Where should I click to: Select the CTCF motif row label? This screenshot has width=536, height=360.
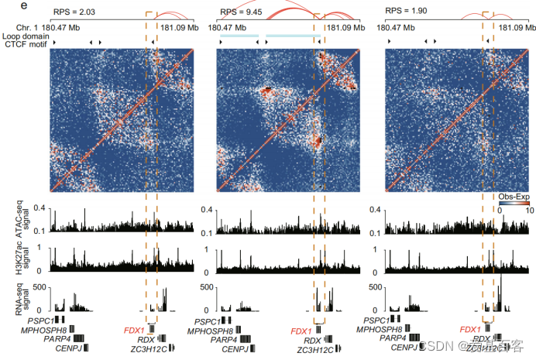point(24,44)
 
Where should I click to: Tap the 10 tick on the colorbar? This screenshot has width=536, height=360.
point(530,209)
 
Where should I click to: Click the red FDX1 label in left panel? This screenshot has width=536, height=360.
point(134,331)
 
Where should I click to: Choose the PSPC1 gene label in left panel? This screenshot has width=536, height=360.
point(39,320)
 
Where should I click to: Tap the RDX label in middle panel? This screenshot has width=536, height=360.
point(312,340)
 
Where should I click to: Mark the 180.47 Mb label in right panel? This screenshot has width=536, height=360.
point(398,27)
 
